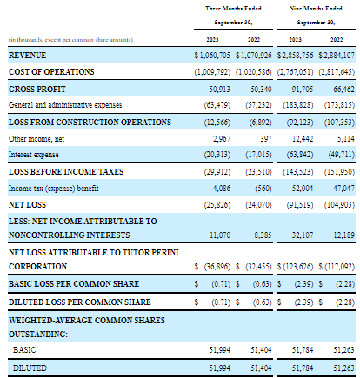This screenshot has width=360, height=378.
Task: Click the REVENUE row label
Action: [27, 56]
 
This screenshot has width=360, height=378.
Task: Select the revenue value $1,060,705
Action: [212, 56]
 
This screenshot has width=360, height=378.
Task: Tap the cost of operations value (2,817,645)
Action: [337, 72]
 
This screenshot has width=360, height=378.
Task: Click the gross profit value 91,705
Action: [303, 90]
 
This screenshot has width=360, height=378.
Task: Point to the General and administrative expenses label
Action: [65, 105]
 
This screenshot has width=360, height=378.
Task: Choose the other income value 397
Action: [266, 139]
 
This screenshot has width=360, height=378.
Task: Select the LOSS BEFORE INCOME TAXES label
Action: [66, 172]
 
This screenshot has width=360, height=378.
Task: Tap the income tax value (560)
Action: [263, 189]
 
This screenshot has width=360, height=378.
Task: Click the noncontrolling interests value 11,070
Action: [220, 235]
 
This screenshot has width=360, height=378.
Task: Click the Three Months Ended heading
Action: [233, 9]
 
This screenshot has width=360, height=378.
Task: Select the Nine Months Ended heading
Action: [316, 9]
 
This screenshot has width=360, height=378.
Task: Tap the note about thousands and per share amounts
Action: [70, 40]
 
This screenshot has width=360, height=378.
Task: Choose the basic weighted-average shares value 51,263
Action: [343, 350]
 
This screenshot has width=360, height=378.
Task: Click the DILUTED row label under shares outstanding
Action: [30, 368]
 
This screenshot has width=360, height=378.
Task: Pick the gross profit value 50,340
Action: [261, 90]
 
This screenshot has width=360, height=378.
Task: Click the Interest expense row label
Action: [34, 155]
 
